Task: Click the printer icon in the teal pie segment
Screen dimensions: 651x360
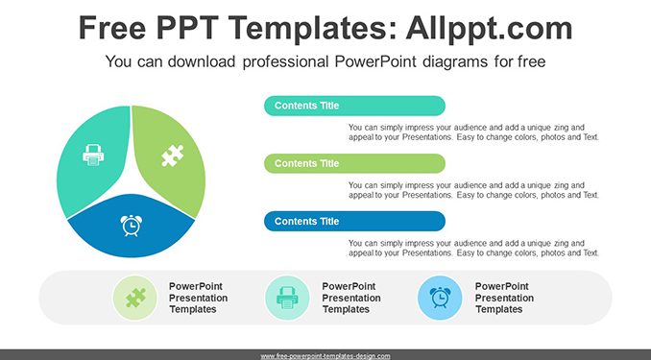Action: (93, 155)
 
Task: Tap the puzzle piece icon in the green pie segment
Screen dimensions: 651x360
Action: (173, 156)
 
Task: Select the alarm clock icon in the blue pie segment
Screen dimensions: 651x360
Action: (132, 226)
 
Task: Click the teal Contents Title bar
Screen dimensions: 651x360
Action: (354, 106)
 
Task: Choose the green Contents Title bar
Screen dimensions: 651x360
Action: (354, 163)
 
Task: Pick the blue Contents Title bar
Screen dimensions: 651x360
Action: (354, 222)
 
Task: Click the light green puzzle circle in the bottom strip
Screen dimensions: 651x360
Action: (135, 298)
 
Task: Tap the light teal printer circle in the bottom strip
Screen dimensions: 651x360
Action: (287, 298)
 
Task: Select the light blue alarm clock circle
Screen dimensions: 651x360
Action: (440, 298)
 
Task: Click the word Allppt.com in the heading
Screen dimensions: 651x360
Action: (489, 28)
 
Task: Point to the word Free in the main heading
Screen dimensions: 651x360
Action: (112, 28)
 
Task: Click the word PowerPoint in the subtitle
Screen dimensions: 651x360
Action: (374, 61)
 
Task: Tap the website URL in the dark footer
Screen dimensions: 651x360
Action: (325, 356)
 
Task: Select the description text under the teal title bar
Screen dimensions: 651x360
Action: (473, 132)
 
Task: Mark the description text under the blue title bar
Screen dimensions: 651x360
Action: (473, 248)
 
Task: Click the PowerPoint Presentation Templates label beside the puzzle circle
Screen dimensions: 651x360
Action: (198, 298)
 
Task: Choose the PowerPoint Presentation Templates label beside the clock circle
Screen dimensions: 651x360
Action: (504, 298)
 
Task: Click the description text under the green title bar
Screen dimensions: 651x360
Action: (473, 190)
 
